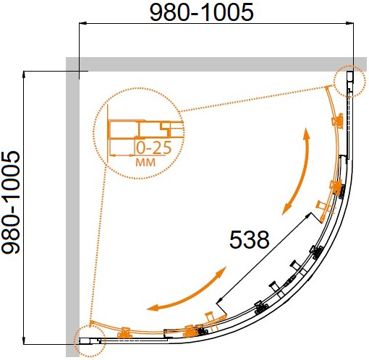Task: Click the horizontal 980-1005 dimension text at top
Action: coord(202,12)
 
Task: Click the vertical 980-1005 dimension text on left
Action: coord(10,202)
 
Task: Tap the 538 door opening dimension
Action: coord(249,239)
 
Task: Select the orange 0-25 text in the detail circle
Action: coord(154,147)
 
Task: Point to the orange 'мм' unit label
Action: coord(145,163)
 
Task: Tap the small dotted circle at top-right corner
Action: coord(349,81)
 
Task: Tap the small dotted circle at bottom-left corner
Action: coord(90,340)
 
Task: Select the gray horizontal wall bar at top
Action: coord(216,64)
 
